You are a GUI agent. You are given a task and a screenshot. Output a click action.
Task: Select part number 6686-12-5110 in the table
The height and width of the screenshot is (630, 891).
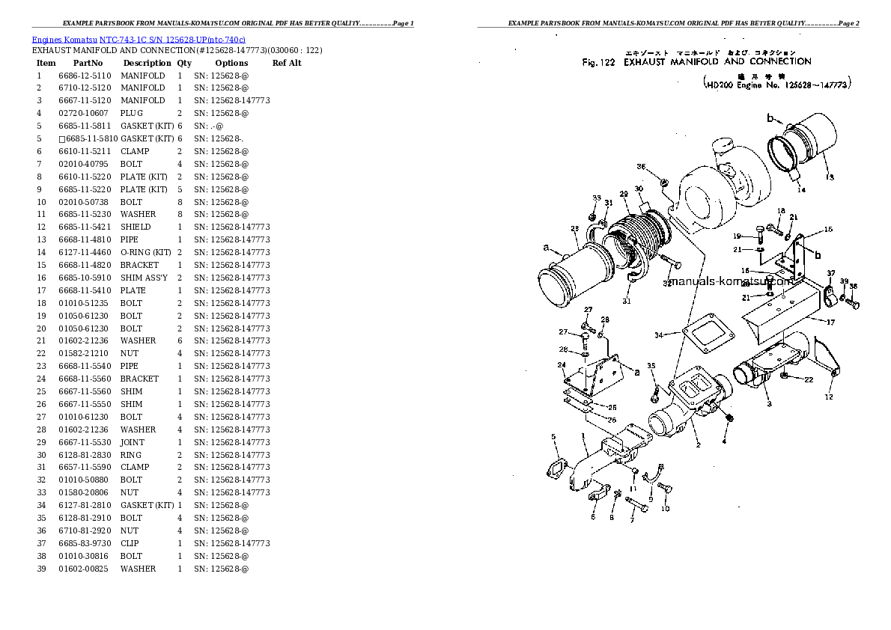pos(85,76)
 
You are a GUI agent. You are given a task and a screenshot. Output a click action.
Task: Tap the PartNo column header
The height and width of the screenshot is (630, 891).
pos(88,63)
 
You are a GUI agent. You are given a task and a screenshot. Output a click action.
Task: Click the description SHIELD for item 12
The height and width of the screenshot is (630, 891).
pos(136,227)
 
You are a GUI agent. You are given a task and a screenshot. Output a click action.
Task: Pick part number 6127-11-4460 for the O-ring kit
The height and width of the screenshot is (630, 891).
pos(85,252)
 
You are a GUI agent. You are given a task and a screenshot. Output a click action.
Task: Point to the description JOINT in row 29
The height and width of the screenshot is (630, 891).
pos(133,442)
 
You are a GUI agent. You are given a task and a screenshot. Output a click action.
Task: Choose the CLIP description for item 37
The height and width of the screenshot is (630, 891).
pos(130,543)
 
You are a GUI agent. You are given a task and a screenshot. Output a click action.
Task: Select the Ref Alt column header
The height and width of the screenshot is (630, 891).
pos(287,63)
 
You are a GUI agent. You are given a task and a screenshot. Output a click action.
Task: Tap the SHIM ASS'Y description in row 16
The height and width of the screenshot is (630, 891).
pos(144,278)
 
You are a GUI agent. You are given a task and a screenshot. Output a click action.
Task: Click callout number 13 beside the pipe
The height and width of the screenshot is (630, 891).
pos(829,177)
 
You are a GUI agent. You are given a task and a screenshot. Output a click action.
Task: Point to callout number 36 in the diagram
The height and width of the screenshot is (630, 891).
pos(640,166)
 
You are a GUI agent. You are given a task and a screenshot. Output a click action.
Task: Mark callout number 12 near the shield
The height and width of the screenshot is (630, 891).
pos(829,397)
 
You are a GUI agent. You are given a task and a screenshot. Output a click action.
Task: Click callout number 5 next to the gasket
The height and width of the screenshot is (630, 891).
pos(553,436)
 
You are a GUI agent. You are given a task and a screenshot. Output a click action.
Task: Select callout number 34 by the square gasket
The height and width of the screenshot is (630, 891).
pos(659,334)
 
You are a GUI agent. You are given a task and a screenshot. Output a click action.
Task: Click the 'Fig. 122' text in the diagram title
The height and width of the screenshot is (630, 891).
pos(598,63)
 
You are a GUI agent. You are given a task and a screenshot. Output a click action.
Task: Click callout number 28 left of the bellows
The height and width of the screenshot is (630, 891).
pos(574,229)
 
